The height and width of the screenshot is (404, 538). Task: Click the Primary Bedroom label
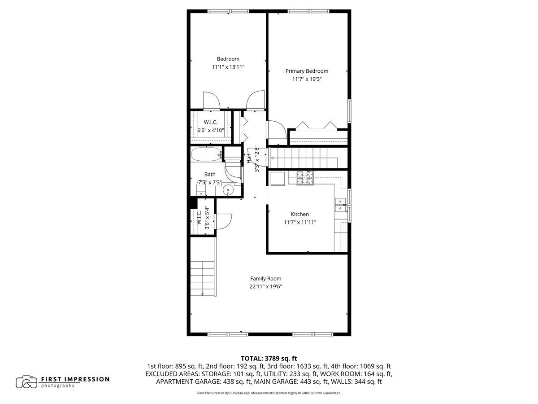tap(307, 71)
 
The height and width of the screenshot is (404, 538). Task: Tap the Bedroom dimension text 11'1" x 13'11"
tap(228, 67)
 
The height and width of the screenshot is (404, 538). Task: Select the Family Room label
tap(265, 278)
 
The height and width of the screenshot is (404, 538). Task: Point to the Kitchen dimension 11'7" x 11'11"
tap(300, 222)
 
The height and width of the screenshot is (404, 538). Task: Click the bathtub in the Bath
tap(206, 154)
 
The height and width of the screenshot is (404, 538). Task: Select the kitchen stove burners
tap(305, 178)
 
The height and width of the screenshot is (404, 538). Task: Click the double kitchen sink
tap(340, 205)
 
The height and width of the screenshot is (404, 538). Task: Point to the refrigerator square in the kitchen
tap(278, 179)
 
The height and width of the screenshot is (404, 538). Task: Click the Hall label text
tap(249, 159)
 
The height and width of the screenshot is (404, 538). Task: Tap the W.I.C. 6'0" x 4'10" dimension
tap(211, 130)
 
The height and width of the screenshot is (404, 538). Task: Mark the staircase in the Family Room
tap(203, 279)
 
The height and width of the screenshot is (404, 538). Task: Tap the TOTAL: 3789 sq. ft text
tap(269, 358)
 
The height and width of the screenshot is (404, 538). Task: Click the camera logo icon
tap(26, 382)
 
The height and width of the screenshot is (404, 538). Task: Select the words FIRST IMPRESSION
tap(75, 379)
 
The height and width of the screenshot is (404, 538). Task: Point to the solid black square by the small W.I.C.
tap(193, 203)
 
